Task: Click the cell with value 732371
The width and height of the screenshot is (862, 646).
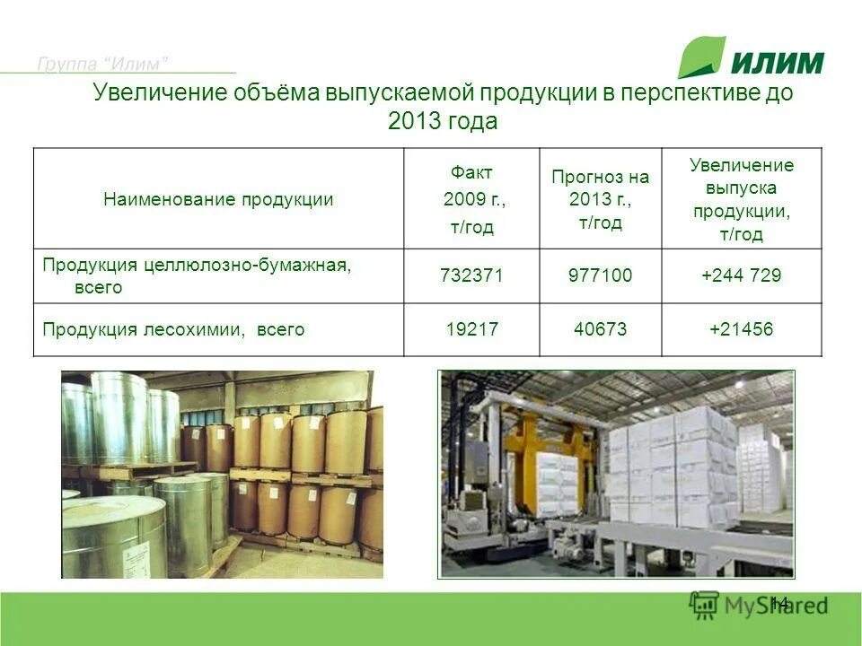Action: coord(471,275)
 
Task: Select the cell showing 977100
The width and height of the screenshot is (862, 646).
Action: coord(600,275)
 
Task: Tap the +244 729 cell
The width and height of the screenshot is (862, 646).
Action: coord(741,275)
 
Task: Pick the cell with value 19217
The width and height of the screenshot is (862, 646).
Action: coord(471,329)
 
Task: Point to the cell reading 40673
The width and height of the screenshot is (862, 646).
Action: coord(600,329)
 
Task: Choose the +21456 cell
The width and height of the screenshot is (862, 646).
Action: coord(741,329)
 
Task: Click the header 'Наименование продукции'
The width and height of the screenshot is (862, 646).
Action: coord(218,199)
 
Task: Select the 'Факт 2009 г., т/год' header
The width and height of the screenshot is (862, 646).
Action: coord(471,199)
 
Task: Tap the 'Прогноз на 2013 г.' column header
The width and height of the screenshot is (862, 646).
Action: coord(600,199)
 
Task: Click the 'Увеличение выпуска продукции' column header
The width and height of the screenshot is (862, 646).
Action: coord(741,199)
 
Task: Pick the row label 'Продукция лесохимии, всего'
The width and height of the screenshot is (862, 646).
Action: coord(173,329)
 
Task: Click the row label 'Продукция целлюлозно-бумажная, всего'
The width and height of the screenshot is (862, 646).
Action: coord(197,275)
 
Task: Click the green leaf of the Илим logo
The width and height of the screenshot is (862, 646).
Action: coord(700,57)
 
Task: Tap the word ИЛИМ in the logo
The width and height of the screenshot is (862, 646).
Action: coord(778,62)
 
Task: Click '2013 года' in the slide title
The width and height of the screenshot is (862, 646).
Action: coord(442,121)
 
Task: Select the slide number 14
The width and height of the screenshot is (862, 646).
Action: coord(778,603)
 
